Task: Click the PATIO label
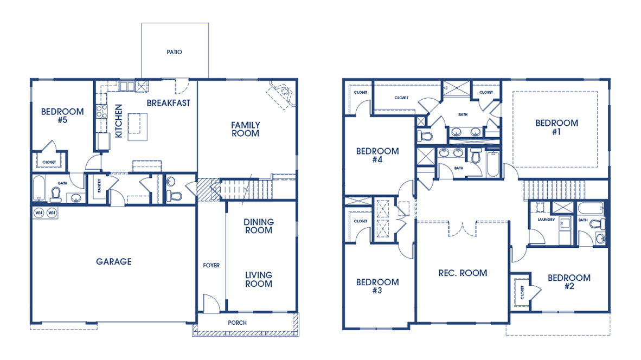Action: (175, 53)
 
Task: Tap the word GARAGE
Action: (114, 262)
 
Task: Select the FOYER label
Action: (211, 266)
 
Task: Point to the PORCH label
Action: (237, 323)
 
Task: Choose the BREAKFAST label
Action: (168, 103)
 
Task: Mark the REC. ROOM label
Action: (463, 273)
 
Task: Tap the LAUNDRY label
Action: (546, 220)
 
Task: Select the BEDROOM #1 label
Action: (556, 127)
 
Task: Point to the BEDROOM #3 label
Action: (377, 286)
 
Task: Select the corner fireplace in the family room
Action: (281, 95)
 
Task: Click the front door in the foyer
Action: (210, 304)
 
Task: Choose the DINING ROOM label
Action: (259, 226)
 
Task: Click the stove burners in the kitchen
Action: (101, 112)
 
